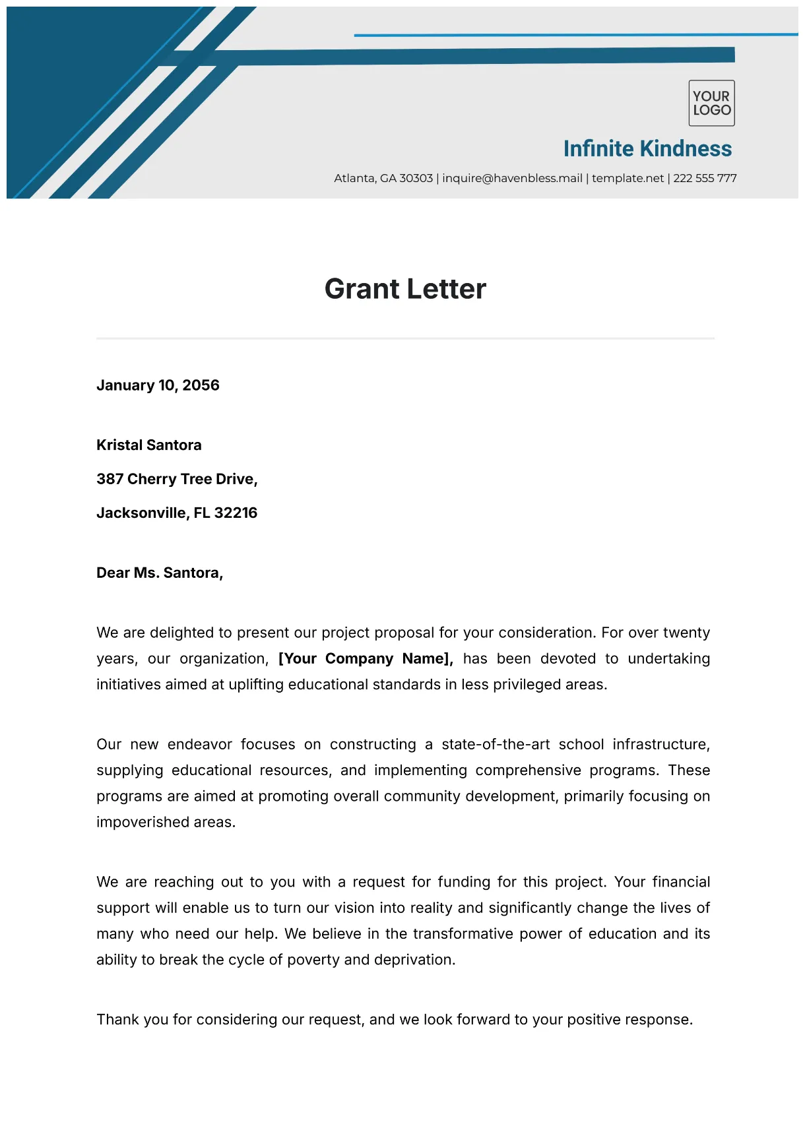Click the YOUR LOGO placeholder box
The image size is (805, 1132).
[x=711, y=104]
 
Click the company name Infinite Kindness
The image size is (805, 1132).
[x=647, y=149]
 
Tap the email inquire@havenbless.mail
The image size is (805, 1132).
[x=512, y=178]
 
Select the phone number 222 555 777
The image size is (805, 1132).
[x=705, y=178]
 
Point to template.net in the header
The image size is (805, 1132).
[x=628, y=178]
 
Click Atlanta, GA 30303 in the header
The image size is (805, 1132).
[x=383, y=178]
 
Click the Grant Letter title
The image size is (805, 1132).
[x=405, y=289]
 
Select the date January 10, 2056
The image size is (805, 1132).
[x=158, y=385]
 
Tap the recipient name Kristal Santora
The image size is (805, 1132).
[x=149, y=445]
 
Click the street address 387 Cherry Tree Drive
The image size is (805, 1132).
[x=176, y=479]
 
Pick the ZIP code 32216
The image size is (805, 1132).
[x=236, y=513]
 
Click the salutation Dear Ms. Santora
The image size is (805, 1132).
[x=160, y=573]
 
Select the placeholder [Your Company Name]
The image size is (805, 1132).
[x=366, y=658]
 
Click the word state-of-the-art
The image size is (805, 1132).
[x=496, y=744]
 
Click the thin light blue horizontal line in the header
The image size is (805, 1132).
[x=574, y=35]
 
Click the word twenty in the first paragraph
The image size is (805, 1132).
[x=686, y=633]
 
